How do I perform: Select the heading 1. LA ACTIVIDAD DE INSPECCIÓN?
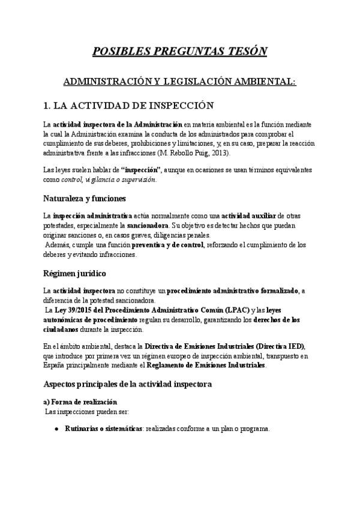(x=129, y=106)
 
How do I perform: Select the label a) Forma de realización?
(x=81, y=401)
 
